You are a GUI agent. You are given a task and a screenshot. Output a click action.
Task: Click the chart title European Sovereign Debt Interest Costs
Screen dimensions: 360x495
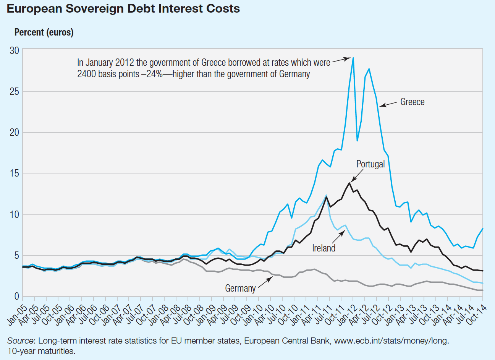(x=123, y=9)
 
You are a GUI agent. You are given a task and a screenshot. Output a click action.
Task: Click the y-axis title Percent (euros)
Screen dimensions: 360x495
(x=44, y=32)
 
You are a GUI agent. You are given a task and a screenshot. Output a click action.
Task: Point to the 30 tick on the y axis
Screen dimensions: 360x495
(x=15, y=50)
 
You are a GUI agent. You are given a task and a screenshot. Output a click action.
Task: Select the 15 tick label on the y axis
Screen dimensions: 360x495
(x=15, y=174)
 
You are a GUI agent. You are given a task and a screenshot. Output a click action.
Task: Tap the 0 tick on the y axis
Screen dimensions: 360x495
(x=16, y=297)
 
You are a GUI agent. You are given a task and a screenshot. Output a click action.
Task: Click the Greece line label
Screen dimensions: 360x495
(x=412, y=102)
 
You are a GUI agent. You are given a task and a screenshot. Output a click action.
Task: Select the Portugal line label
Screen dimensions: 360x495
(x=370, y=164)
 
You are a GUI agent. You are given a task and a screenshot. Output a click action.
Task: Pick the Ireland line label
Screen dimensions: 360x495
(x=324, y=248)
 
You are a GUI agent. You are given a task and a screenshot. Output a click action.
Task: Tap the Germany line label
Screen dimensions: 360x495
(x=240, y=289)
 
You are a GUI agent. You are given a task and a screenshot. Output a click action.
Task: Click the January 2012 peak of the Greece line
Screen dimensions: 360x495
(x=353, y=58)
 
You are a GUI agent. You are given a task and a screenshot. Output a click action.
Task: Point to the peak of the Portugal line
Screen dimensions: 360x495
(x=349, y=183)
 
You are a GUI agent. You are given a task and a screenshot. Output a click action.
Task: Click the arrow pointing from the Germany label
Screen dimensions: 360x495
(x=265, y=283)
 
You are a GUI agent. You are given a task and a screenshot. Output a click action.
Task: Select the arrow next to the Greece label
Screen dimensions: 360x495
(x=388, y=104)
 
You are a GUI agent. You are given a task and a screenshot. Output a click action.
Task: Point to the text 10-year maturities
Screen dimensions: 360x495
(x=41, y=351)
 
